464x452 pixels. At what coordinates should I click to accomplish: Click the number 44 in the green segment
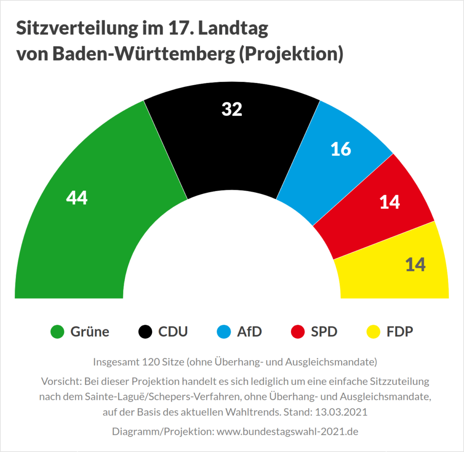tap(77, 197)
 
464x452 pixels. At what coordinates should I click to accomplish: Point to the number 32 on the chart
tap(232, 109)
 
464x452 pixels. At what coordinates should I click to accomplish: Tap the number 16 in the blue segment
tap(341, 149)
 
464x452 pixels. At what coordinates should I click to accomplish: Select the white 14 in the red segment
tap(390, 202)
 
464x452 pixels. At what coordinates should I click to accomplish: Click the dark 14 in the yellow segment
tap(415, 264)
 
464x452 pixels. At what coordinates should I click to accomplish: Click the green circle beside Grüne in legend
tap(57, 332)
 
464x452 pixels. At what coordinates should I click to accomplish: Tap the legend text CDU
tap(173, 332)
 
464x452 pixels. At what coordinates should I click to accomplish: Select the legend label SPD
tap(324, 332)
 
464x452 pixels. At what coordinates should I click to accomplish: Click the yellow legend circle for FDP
tap(373, 332)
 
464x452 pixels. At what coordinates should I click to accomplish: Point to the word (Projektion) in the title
tap(290, 54)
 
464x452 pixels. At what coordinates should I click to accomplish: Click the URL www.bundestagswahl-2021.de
tap(288, 432)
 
